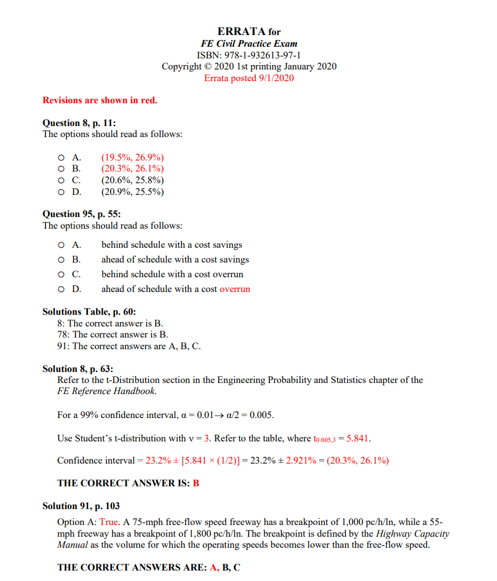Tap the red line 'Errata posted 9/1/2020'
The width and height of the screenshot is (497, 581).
coord(249,78)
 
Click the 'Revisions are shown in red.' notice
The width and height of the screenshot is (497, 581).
coord(100,100)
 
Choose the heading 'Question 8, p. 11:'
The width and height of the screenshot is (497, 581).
coord(79,123)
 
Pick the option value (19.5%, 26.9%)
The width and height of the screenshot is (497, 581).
coord(132,157)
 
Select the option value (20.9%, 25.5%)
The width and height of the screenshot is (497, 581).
coord(132,192)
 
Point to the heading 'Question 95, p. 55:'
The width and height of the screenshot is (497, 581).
coord(81,214)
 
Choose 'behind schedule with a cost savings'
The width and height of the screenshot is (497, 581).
coord(172,245)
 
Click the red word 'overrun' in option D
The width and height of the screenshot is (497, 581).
coord(234,289)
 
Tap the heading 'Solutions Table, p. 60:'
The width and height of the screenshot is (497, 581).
coord(89,312)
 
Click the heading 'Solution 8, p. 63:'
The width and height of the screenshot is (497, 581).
coord(78,369)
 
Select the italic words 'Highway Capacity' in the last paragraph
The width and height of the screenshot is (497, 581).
coord(413,534)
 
